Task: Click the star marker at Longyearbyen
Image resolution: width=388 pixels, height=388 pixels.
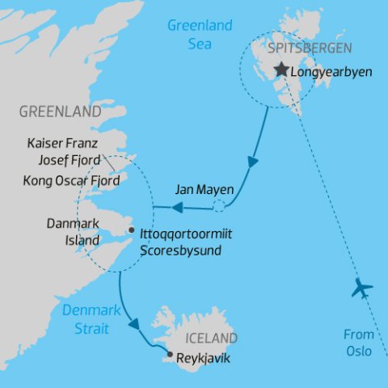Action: (x=281, y=70)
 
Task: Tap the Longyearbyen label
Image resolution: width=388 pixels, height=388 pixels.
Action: (x=331, y=71)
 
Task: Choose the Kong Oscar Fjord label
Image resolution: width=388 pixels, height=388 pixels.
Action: (x=72, y=181)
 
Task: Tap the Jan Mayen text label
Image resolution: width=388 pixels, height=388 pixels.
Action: (x=204, y=191)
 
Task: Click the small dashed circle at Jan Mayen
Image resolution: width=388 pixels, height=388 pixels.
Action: (x=219, y=207)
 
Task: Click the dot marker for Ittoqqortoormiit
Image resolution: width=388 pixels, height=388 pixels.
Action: (x=131, y=230)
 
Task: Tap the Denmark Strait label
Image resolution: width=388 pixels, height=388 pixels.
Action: (x=91, y=318)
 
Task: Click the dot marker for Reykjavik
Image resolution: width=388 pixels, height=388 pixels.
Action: (x=170, y=354)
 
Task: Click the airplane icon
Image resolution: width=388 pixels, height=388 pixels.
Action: (x=362, y=289)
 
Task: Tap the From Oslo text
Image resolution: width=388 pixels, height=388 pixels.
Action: (x=359, y=343)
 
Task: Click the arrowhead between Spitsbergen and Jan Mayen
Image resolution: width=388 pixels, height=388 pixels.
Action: (x=254, y=162)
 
